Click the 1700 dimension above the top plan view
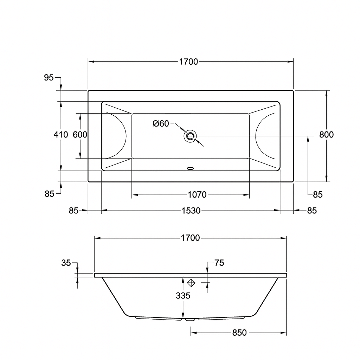tap(189, 62)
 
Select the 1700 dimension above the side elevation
tap(190, 238)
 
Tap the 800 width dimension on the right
tap(327, 135)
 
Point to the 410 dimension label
tap(61, 135)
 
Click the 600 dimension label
tap(80, 135)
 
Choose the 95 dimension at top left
tap(49, 78)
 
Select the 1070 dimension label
tap(197, 195)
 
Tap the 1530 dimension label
tap(191, 211)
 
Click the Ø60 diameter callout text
tap(161, 123)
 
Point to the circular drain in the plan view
tap(190, 136)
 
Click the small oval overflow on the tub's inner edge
tap(191, 168)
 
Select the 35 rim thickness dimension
tap(66, 263)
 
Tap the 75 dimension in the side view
tap(219, 263)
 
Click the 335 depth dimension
tap(183, 296)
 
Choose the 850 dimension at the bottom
tap(239, 333)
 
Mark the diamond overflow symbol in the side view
tap(191, 282)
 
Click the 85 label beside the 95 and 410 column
tap(49, 193)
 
